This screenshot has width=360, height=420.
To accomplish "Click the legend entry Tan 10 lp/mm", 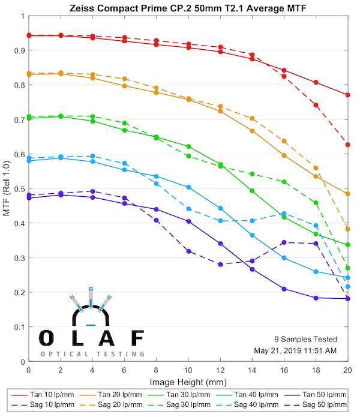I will coord(46,395).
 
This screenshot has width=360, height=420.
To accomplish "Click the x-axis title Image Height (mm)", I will coord(188,382).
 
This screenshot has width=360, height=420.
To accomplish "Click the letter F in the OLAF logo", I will coord(137,338).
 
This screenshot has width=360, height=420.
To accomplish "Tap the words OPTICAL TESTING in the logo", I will coord(92,354).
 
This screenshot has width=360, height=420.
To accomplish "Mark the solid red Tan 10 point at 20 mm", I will coord(347,95).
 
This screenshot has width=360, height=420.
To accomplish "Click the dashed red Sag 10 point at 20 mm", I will coord(347,145).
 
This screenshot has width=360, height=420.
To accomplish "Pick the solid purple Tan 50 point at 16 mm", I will coord(284,289).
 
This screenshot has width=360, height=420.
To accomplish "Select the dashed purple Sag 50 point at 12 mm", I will coord(220,264).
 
